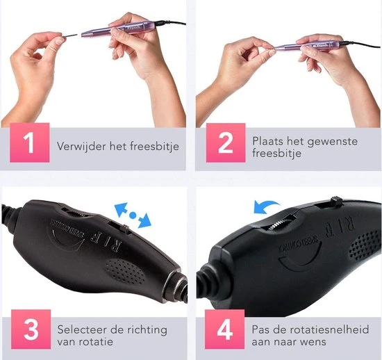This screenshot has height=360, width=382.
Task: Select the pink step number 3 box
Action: (x=30, y=329)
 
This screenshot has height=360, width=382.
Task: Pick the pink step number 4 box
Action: (x=226, y=329)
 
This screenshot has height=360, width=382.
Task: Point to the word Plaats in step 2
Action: (x=268, y=140)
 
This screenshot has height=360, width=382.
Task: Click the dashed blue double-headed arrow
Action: (x=132, y=215)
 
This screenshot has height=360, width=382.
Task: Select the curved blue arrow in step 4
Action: (x=265, y=204)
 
